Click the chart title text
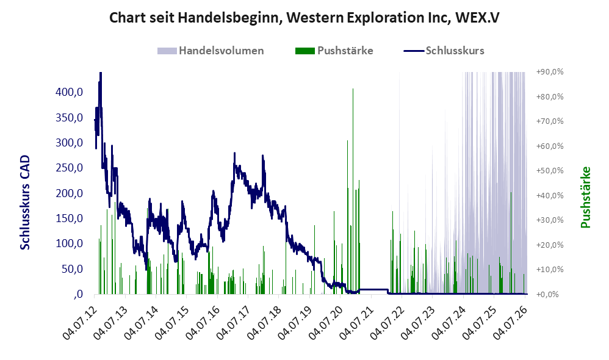coord(304,18)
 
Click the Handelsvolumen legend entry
coord(211,51)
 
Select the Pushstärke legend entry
coord(334,51)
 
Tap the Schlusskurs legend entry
coord(444,51)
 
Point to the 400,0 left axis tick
coord(69,92)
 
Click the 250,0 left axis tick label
coord(69,168)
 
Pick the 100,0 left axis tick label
coord(69,243)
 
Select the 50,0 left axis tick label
coord(72,268)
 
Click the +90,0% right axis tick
coord(550,72)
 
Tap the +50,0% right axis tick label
coord(550,170)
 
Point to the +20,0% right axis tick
coord(550,245)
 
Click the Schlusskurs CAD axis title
coord(25,203)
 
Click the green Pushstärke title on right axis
coord(585,197)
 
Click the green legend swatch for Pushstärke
coord(305,51)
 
